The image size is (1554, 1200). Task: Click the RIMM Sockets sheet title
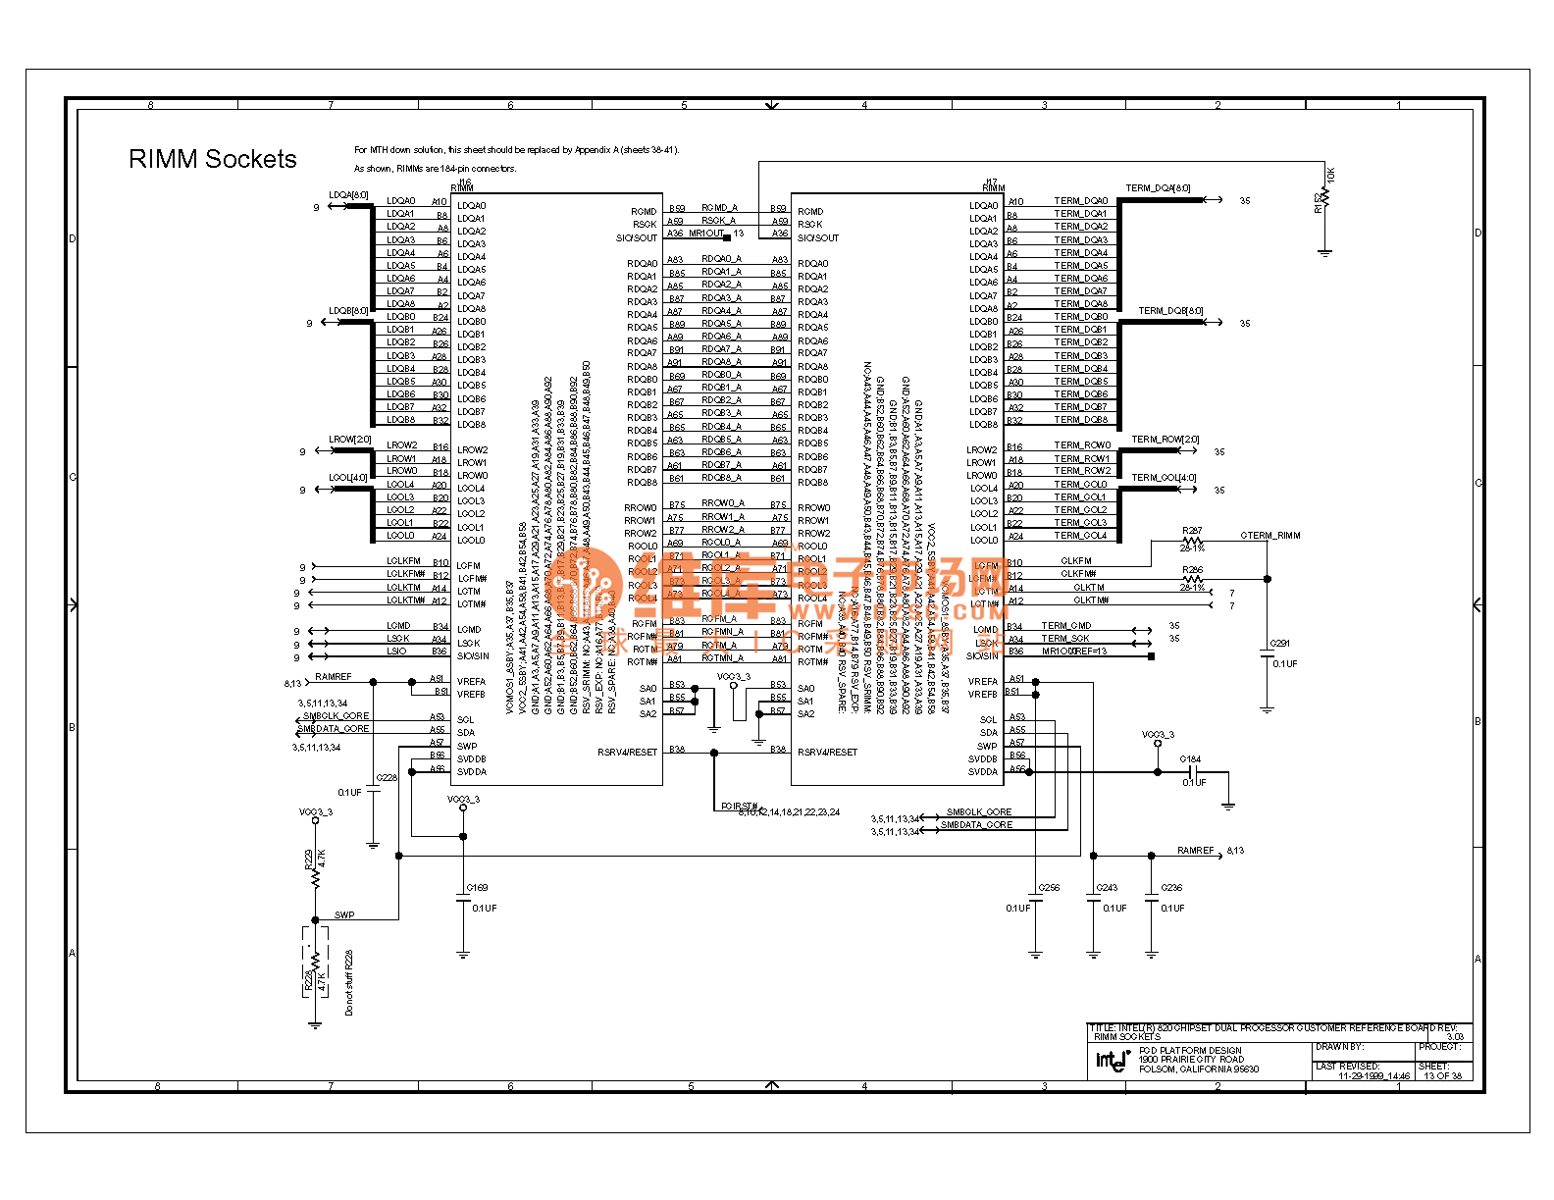212,159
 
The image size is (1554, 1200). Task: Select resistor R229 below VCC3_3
315,869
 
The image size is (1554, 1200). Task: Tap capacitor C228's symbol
373,791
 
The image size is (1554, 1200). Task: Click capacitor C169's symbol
463,898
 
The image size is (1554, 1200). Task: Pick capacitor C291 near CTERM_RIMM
1268,654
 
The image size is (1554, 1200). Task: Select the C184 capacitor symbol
1191,771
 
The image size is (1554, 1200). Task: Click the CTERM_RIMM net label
1269,536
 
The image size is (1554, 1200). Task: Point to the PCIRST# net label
739,807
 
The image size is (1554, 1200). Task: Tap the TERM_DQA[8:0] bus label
1158,188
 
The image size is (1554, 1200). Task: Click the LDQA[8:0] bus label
348,195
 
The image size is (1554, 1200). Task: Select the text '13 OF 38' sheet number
1442,1075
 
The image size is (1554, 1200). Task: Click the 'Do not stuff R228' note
349,981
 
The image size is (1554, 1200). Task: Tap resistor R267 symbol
1192,541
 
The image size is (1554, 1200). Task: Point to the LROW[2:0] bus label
349,440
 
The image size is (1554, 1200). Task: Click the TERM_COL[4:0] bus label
1164,478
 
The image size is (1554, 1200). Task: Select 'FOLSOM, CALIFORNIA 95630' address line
1199,1070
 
